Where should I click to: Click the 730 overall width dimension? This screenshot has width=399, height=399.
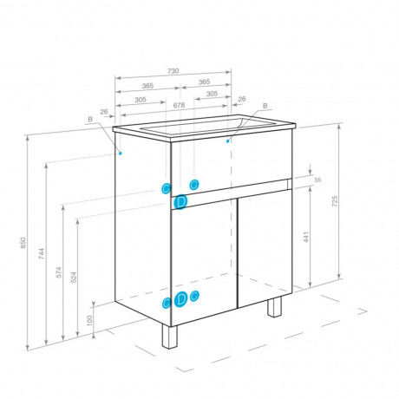tap(173, 71)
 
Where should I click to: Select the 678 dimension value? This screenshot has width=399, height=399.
tap(179, 105)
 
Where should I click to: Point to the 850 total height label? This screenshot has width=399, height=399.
tap(23, 243)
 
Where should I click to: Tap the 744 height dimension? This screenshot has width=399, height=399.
tap(42, 253)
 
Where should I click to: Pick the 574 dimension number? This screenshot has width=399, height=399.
tap(59, 272)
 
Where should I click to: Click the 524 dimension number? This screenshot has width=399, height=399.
tap(74, 277)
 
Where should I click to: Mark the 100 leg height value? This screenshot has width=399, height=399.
tap(89, 320)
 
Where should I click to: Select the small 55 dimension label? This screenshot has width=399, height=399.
tap(317, 180)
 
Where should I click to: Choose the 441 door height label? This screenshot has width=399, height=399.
tap(306, 237)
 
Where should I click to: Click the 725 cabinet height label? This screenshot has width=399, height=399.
tap(335, 201)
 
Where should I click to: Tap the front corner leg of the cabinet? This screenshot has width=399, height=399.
tap(169, 337)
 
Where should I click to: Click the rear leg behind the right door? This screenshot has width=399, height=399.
tap(274, 307)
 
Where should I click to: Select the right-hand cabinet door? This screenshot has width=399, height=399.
tap(265, 249)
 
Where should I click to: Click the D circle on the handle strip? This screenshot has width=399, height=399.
tap(180, 201)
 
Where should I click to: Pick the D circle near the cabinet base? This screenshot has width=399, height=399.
tap(180, 299)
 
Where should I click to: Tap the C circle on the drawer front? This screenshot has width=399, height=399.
tap(194, 185)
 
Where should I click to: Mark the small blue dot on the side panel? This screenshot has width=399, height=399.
tap(121, 153)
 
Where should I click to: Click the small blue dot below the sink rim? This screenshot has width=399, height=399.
tap(228, 141)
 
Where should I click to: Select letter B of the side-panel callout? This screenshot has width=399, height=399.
tap(90, 119)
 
